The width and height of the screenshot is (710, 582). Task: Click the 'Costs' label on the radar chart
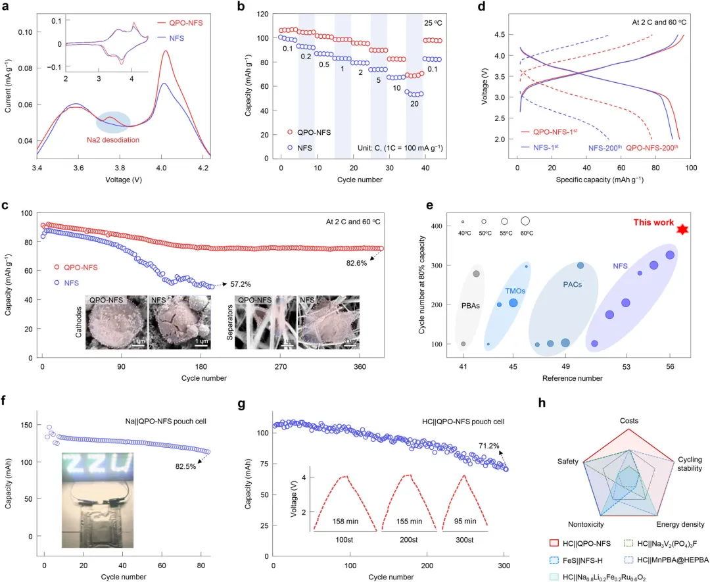pyautogui.click(x=628, y=420)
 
